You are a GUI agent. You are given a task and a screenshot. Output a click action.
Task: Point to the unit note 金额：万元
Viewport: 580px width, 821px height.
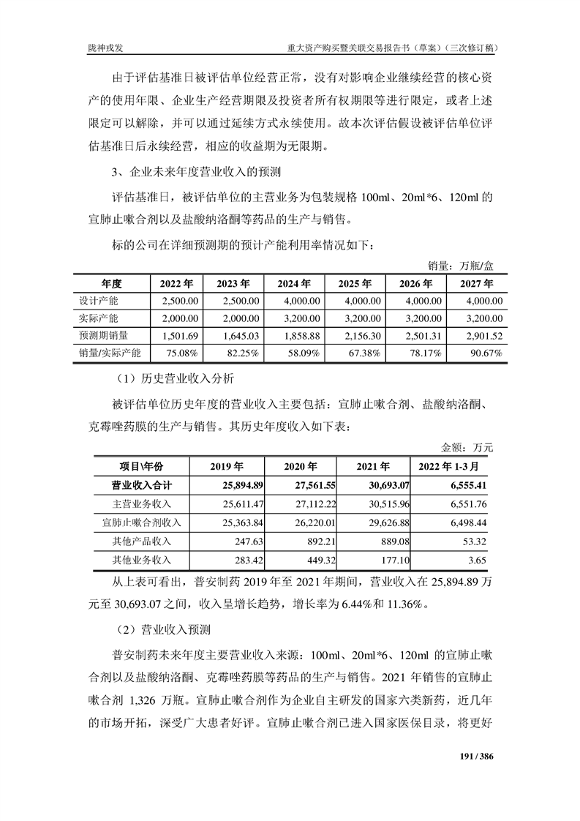(467, 446)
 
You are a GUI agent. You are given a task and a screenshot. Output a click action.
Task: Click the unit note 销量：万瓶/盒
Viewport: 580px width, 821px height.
(459, 265)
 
